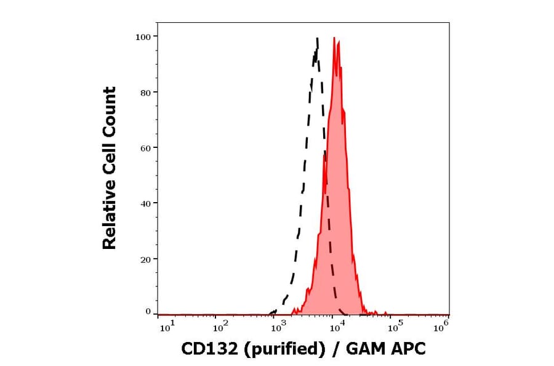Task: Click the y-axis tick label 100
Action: click(x=143, y=37)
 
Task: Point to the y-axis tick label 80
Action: click(x=145, y=92)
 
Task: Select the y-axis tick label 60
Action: click(x=145, y=148)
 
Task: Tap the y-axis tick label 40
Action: click(x=145, y=203)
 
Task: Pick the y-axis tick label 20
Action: click(x=145, y=259)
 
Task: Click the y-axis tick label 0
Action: click(x=148, y=312)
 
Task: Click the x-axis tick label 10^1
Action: click(x=167, y=328)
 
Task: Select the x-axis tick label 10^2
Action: click(x=220, y=328)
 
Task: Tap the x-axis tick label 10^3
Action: click(x=277, y=328)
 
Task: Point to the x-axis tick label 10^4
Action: click(x=335, y=328)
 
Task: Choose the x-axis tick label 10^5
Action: click(x=391, y=328)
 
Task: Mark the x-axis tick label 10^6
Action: click(x=441, y=328)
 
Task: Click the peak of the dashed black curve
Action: click(x=317, y=38)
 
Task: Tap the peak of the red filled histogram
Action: click(x=334, y=38)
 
